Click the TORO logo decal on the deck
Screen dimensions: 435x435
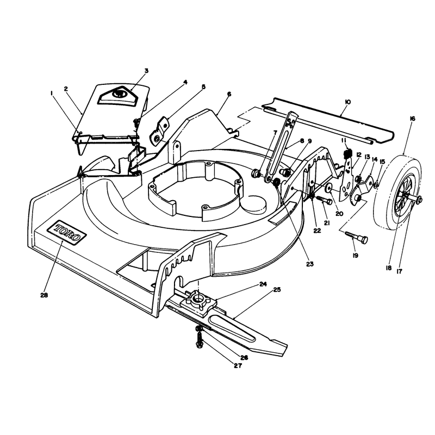coord(66,233)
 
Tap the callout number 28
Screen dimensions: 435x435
coord(44,295)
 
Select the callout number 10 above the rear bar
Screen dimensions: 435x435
coord(347,102)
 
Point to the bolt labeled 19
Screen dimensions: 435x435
coord(357,238)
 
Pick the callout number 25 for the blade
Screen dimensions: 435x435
coord(277,290)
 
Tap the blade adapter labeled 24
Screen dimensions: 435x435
coord(198,301)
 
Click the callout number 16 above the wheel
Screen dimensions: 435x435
coord(412,119)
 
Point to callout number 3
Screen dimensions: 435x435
coord(146,71)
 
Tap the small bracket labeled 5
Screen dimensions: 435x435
coord(159,131)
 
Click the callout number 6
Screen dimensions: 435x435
coord(229,94)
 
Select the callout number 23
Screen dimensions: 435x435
coord(309,264)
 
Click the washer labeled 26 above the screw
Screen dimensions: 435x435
coord(198,329)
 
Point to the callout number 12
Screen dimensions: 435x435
coord(359,154)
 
